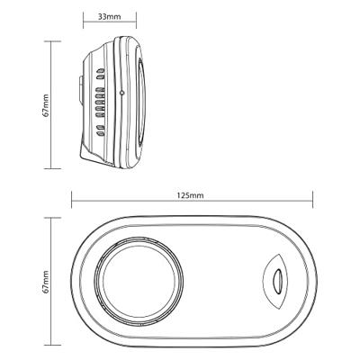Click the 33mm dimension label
point(109,17)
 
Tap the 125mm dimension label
point(190,195)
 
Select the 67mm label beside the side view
point(46,105)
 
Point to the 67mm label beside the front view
point(46,282)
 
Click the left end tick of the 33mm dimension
point(84,21)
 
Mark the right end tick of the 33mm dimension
point(136,21)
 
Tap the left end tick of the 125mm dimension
point(72,200)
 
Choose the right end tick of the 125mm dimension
point(312,200)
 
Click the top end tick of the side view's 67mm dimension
point(52,41)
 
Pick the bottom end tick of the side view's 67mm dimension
point(52,168)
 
